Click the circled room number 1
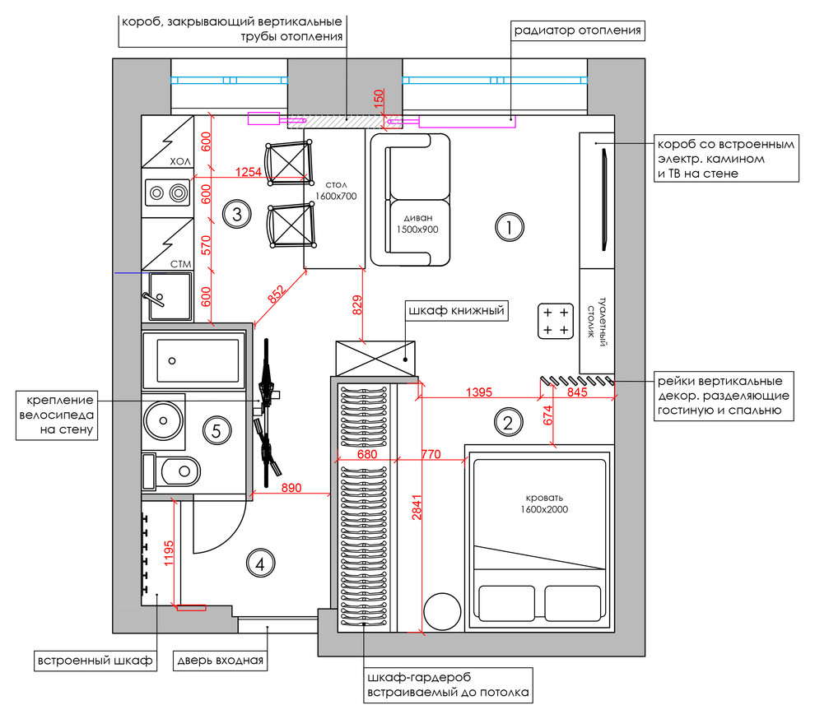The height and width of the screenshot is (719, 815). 509,227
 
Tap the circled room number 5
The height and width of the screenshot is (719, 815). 217,430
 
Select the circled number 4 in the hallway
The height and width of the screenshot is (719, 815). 260,564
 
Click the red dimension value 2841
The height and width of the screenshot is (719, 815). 417,507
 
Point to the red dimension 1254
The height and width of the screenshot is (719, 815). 248,171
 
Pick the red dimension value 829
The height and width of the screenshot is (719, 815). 357,305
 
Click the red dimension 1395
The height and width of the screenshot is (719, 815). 478,392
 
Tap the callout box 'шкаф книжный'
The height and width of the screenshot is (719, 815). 456,311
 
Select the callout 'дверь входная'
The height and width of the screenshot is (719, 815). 221,661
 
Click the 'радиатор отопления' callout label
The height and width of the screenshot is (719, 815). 577,30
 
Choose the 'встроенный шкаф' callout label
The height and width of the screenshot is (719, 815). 95,661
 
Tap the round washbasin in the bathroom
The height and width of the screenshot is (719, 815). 163,420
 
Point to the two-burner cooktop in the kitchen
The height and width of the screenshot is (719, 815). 167,193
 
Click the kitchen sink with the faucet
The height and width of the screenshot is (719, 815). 170,296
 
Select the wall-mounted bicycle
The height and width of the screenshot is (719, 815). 268,412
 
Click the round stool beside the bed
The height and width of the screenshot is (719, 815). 442,612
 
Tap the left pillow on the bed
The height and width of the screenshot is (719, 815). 507,603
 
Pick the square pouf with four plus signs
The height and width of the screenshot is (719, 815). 556,321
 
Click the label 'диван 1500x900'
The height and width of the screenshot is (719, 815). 418,224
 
